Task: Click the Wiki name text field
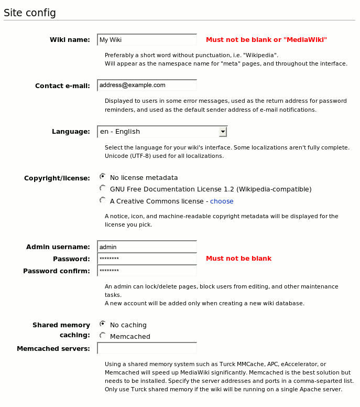[147, 40]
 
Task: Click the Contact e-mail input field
[147, 85]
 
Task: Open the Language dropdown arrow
[223, 132]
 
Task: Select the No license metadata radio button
[103, 177]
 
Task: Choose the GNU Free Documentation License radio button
[103, 188]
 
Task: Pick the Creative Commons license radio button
[103, 200]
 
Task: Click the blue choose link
[222, 201]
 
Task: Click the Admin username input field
[147, 247]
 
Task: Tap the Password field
[147, 259]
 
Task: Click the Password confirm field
[147, 271]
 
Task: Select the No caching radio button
[103, 324]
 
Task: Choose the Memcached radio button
[103, 336]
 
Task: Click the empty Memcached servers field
[147, 348]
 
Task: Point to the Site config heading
[30, 13]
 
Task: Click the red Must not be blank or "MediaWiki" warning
[266, 40]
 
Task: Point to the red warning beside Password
[238, 259]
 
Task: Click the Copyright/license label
[57, 178]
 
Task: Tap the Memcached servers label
[53, 349]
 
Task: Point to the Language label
[71, 132]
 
